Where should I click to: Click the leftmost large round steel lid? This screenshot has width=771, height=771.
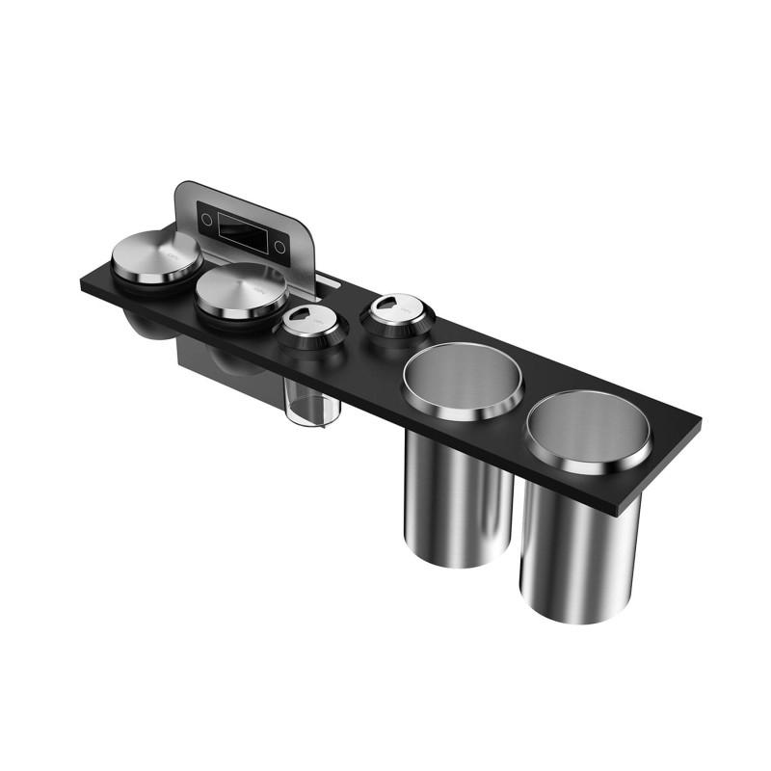[156, 253]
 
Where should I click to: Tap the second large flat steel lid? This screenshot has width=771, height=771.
[242, 287]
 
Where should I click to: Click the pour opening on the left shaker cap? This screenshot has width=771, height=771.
[301, 315]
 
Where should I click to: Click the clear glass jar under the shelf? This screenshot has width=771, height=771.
[311, 404]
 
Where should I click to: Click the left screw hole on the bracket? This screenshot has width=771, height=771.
[204, 219]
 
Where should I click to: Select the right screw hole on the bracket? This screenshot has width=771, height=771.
[279, 248]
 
